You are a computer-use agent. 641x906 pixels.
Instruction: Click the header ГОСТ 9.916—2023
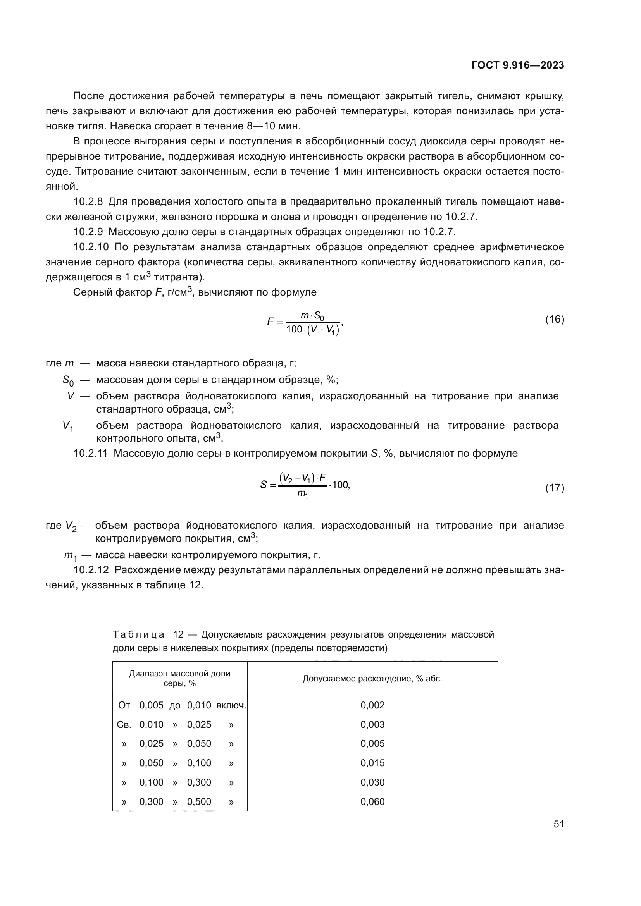pos(518,65)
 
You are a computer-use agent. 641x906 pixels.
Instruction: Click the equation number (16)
pos(555,319)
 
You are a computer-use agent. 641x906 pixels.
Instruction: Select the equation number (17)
pos(555,488)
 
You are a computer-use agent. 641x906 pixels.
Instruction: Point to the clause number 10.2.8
pos(88,202)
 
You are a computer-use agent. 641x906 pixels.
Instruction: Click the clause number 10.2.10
pos(91,248)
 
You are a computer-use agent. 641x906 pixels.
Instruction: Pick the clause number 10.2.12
pos(91,570)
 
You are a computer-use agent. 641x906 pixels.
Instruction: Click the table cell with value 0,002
pos(372,705)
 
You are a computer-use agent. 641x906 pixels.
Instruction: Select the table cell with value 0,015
pos(372,763)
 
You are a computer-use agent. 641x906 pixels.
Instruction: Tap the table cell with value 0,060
pos(372,801)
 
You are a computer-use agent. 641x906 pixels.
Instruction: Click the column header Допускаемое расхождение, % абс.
pos(372,679)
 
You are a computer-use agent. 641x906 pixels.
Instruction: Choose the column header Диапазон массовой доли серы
pos(179,678)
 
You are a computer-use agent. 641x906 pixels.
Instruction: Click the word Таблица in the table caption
pos(138,634)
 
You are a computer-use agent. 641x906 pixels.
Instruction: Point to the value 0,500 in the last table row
pos(199,801)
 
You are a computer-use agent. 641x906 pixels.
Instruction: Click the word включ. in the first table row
pos(231,705)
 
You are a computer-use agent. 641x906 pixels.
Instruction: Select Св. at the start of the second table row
pos(124,724)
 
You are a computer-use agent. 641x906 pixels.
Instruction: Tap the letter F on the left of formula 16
pos(270,321)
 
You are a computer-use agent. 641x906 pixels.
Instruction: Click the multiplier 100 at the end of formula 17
pos(341,485)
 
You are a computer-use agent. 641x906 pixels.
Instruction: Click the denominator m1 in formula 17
pos(303,493)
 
